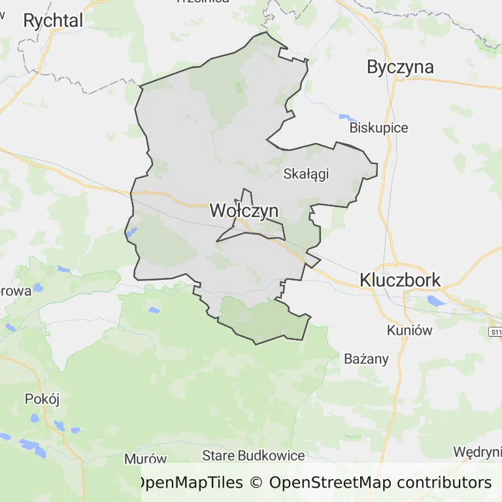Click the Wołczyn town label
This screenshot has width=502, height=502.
[x=244, y=210]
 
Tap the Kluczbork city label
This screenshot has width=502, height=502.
[x=400, y=280]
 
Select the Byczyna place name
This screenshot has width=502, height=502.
[x=401, y=67]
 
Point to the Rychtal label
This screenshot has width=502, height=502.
[x=53, y=21]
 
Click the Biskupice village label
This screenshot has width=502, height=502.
[x=378, y=127]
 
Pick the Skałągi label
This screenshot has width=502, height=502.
[x=305, y=174]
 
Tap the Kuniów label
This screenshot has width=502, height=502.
[x=409, y=330]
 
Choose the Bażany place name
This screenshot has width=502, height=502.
[x=366, y=359]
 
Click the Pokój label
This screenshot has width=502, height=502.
[x=42, y=399]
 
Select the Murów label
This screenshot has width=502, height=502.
[x=145, y=459]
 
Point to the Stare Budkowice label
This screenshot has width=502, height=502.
[x=254, y=456]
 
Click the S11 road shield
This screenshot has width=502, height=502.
[x=495, y=332]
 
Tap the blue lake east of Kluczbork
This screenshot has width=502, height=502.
[x=434, y=300]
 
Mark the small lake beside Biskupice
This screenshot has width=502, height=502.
[x=344, y=118]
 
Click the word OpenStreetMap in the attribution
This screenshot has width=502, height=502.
[x=330, y=483]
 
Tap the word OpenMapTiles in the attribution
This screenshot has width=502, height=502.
[x=189, y=483]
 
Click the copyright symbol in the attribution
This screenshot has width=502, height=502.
[x=256, y=483]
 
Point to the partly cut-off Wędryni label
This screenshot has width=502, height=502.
[x=478, y=452]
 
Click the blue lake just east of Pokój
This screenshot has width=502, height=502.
[x=63, y=427]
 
